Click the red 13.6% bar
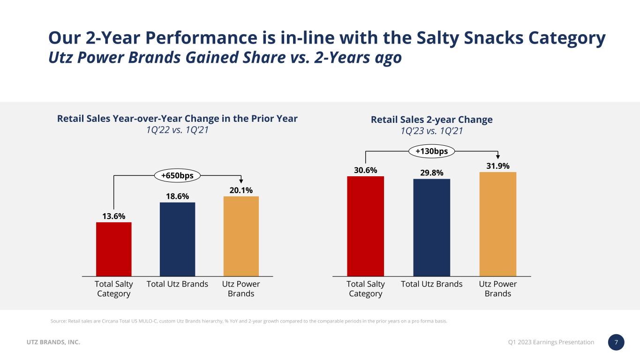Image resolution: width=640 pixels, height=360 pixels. pos(113,249)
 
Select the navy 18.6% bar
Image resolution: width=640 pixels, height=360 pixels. pos(177,239)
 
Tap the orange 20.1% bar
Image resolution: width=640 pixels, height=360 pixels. pos(241,236)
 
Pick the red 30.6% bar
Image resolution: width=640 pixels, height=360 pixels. pos(365,226)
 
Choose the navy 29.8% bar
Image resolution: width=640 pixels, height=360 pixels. pos(431,227)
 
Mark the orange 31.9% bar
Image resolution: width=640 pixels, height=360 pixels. pos(497,224)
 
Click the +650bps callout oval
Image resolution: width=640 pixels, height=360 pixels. pos(178,175)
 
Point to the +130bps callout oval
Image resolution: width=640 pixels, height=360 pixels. pos(431,151)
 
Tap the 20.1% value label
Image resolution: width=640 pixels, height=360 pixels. pos(241,190)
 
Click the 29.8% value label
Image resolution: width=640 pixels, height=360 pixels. pos(431,173)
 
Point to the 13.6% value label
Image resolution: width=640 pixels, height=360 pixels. pos(113,216)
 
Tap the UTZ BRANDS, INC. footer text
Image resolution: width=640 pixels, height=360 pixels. pos(53,343)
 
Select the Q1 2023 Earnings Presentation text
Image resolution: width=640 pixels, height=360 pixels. pos(551,342)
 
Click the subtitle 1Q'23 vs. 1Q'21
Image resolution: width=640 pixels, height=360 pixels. pos(431,131)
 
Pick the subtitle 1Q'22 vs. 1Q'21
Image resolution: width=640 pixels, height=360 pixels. pos(177,130)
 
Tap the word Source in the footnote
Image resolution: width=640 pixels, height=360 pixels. pos(56,321)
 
